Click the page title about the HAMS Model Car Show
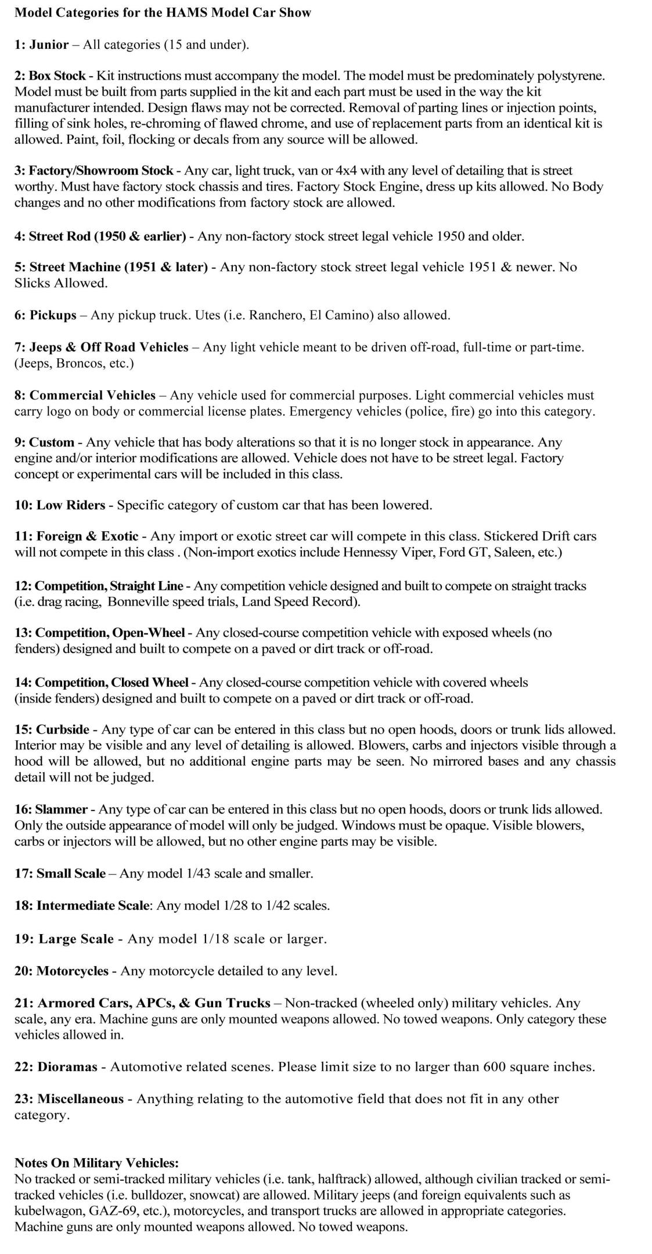[163, 13]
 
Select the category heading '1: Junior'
[41, 45]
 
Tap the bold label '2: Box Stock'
[50, 75]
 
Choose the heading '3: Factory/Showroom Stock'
[93, 171]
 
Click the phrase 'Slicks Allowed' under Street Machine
[61, 283]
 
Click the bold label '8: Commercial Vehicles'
[85, 395]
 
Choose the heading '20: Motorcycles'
[61, 971]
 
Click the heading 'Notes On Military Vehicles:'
[96, 1163]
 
